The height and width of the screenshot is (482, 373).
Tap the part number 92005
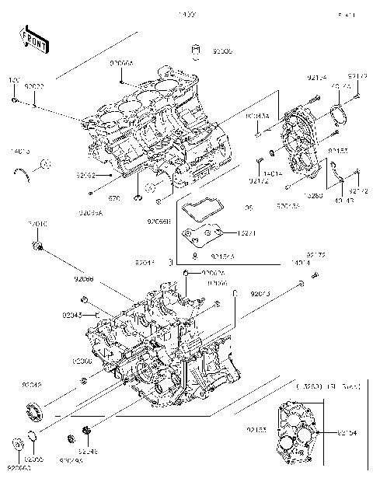(221, 51)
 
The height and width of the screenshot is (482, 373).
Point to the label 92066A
(122, 61)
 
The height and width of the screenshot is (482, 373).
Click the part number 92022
(34, 86)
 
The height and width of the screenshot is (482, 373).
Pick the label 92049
(32, 385)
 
